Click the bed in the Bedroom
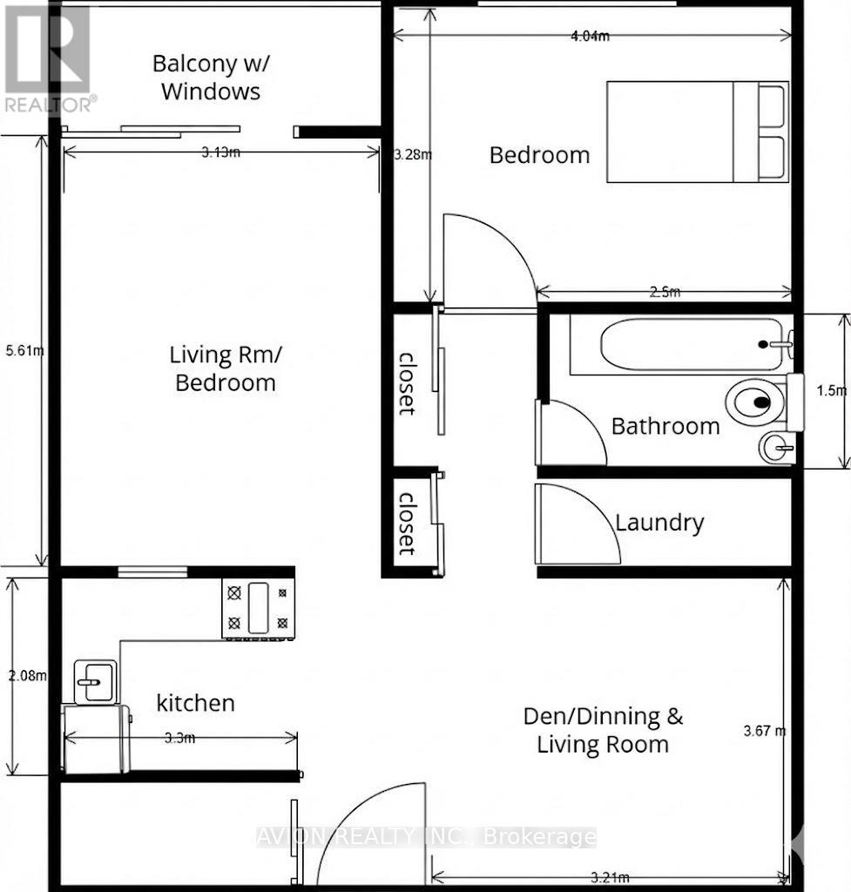coord(697,132)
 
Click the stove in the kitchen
coord(258,607)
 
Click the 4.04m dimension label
coord(590,36)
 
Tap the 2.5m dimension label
coord(665,293)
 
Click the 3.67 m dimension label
coord(767,731)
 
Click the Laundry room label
coord(659,523)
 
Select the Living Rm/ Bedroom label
coord(223,368)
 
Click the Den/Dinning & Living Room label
coord(603,730)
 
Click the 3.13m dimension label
coord(221,152)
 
